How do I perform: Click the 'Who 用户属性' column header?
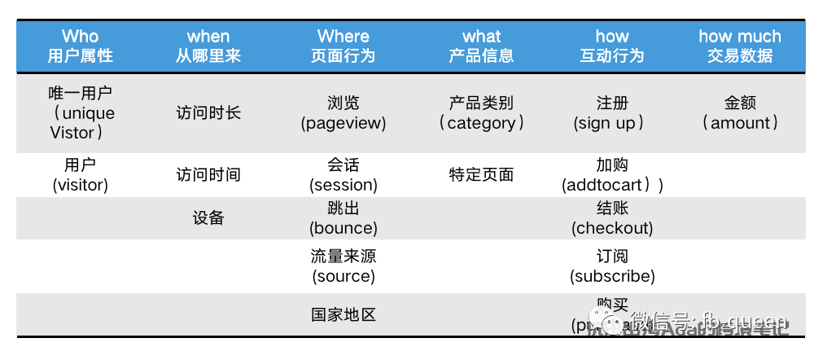pyautogui.click(x=80, y=46)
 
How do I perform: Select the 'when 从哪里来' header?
pyautogui.click(x=208, y=46)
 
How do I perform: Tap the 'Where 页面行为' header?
pyautogui.click(x=344, y=46)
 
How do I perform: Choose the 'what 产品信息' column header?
pyautogui.click(x=481, y=46)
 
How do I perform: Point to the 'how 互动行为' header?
pyautogui.click(x=612, y=46)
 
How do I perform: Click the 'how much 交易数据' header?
pyautogui.click(x=740, y=46)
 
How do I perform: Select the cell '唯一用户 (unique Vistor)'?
pyautogui.click(x=81, y=113)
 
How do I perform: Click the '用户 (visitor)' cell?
pyautogui.click(x=81, y=175)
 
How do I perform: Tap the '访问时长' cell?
pyautogui.click(x=208, y=113)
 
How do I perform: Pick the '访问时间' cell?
pyautogui.click(x=208, y=175)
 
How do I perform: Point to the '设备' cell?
pyautogui.click(x=208, y=218)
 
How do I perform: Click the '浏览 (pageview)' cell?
pyautogui.click(x=344, y=113)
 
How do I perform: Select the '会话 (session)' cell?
pyautogui.click(x=344, y=175)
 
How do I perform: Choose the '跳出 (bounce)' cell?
pyautogui.click(x=344, y=218)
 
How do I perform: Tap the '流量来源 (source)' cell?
pyautogui.click(x=344, y=266)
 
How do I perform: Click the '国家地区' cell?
pyautogui.click(x=344, y=315)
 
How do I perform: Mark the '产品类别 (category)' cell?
pyautogui.click(x=481, y=113)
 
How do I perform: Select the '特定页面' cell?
pyautogui.click(x=481, y=175)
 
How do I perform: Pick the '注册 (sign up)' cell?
pyautogui.click(x=612, y=113)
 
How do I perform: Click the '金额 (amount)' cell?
pyautogui.click(x=740, y=113)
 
